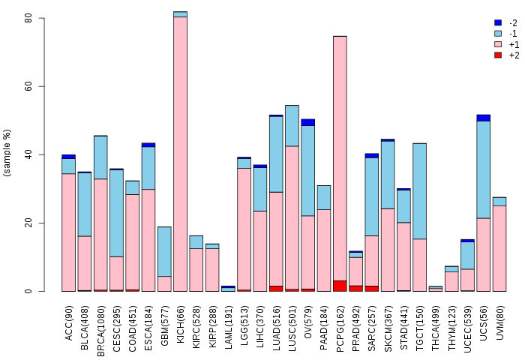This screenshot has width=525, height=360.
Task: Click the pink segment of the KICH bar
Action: pos(181,154)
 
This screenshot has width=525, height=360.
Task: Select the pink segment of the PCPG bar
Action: pos(340,158)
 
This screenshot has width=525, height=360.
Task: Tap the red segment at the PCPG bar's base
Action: pos(340,286)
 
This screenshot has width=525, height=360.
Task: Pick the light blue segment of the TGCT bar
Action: pos(419,191)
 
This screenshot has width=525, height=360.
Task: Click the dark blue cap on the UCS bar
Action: pos(484,118)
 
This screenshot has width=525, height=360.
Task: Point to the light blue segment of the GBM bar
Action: pos(164,251)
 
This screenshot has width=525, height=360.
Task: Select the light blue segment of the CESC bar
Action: pos(116,213)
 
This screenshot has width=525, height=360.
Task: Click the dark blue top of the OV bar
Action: pos(308,122)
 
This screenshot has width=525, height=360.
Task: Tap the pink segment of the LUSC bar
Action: pos(292,217)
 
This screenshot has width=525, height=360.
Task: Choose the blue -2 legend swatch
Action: pos(498,22)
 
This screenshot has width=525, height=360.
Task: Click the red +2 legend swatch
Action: pos(498,55)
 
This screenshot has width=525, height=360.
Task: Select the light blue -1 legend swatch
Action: pos(498,34)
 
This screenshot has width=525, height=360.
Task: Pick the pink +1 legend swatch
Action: pos(498,44)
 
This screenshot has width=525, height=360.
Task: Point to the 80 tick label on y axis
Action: pos(28,18)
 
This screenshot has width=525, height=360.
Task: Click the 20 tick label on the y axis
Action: pos(28,223)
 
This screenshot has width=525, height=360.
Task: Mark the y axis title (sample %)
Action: pos(7,153)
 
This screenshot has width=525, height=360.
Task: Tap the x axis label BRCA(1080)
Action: pos(100,331)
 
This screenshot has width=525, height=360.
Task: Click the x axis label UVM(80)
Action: pos(499,322)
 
